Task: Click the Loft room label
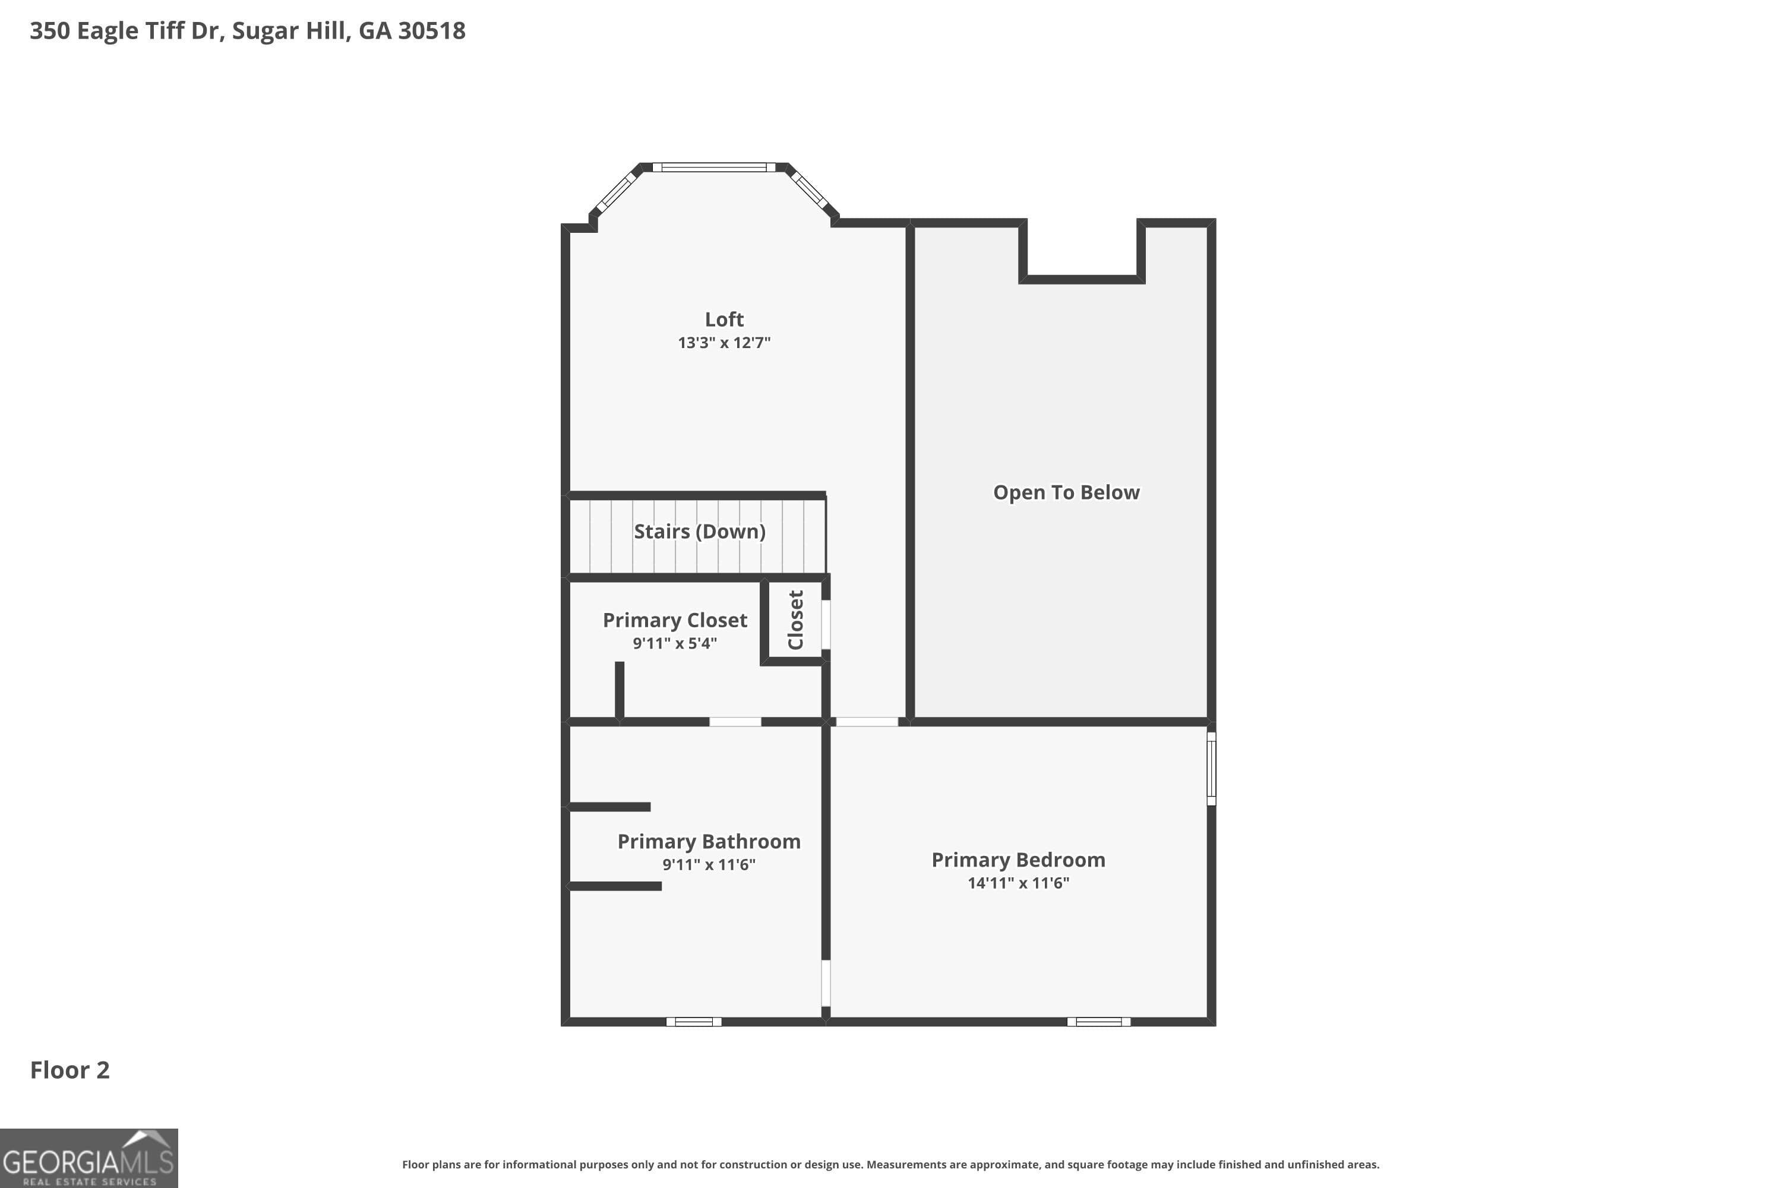723,320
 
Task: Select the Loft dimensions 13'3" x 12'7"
723,343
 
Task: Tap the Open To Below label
1066,492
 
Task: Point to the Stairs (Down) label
699,532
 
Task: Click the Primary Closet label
674,621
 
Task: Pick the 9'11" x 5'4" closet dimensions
674,643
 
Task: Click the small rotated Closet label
795,620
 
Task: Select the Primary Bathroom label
709,842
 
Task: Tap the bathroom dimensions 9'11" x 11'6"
709,864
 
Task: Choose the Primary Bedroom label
1018,860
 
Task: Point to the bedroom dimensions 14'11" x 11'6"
1018,883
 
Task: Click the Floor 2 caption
69,1070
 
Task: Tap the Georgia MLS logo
89,1158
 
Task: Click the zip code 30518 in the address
431,31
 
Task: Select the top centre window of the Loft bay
714,168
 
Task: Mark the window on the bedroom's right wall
1211,768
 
